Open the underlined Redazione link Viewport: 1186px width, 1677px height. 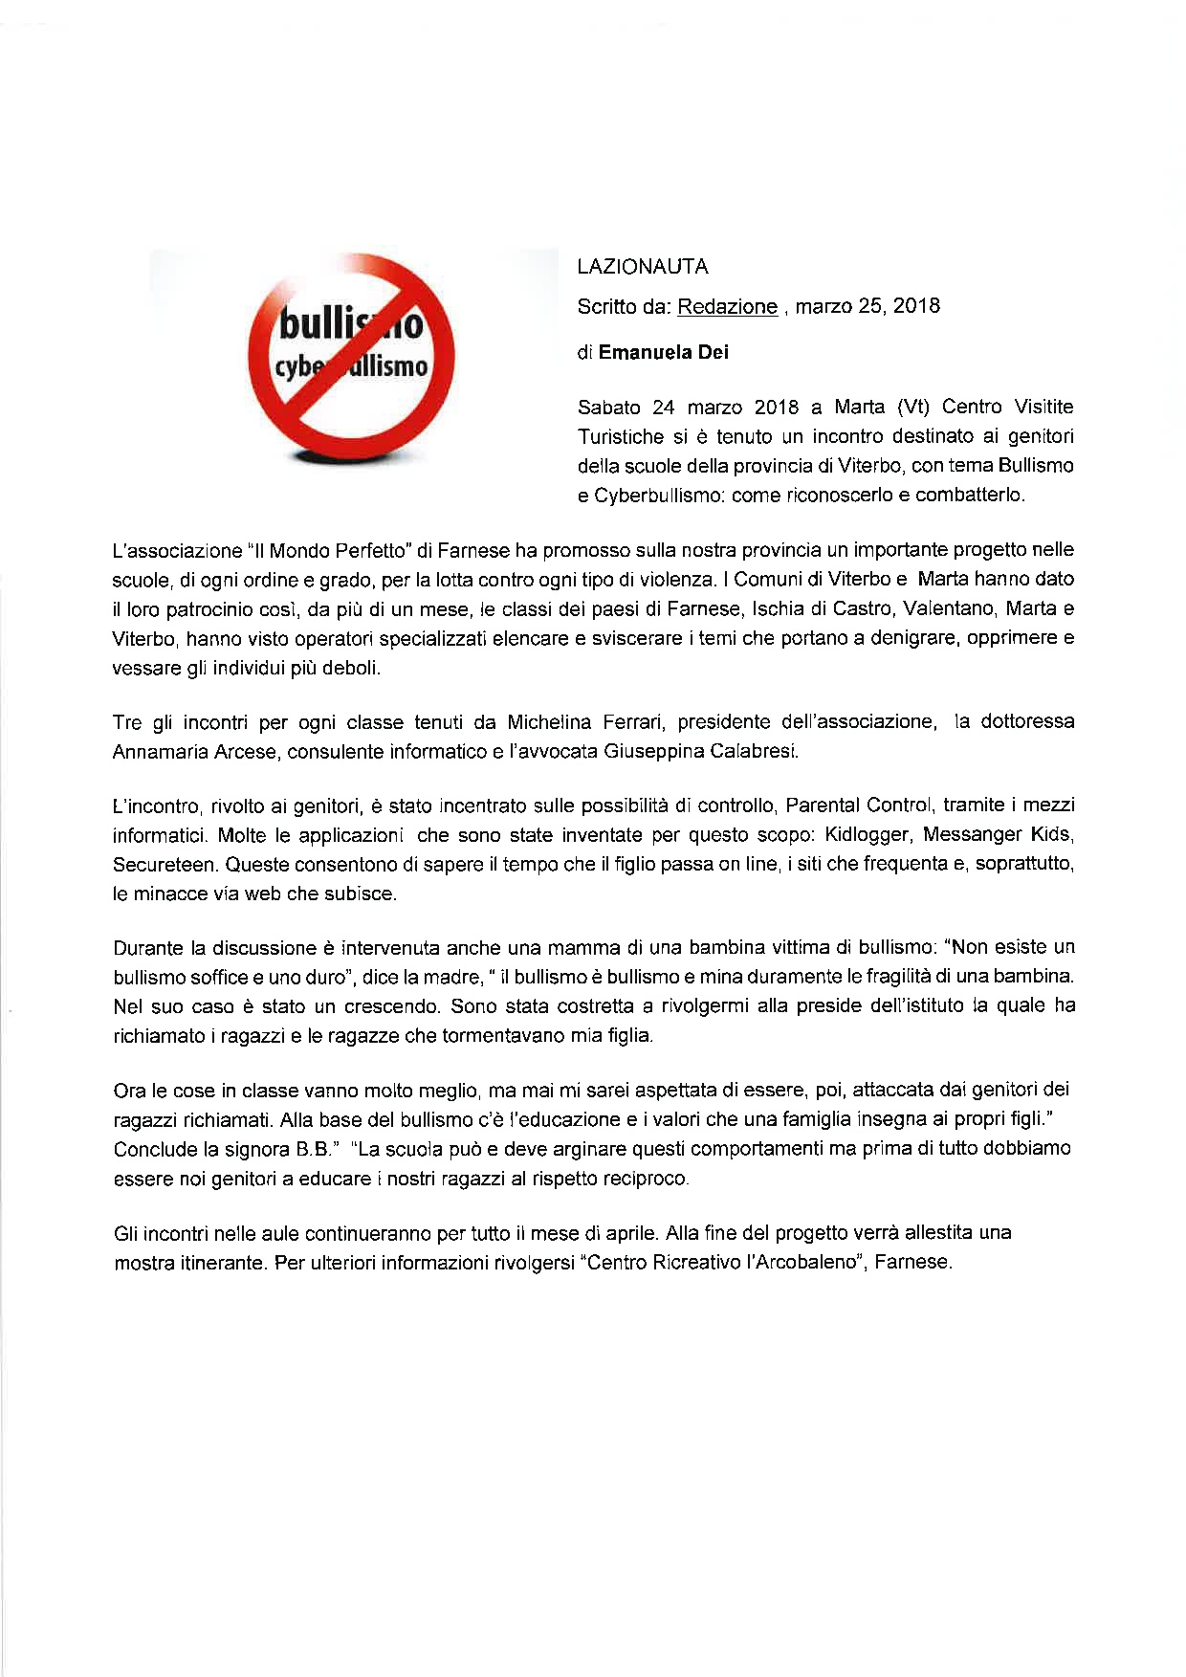point(727,307)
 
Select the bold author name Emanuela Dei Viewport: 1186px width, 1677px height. point(664,353)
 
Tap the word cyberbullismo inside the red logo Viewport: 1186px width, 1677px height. point(352,366)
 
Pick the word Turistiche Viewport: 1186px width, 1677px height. point(621,437)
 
